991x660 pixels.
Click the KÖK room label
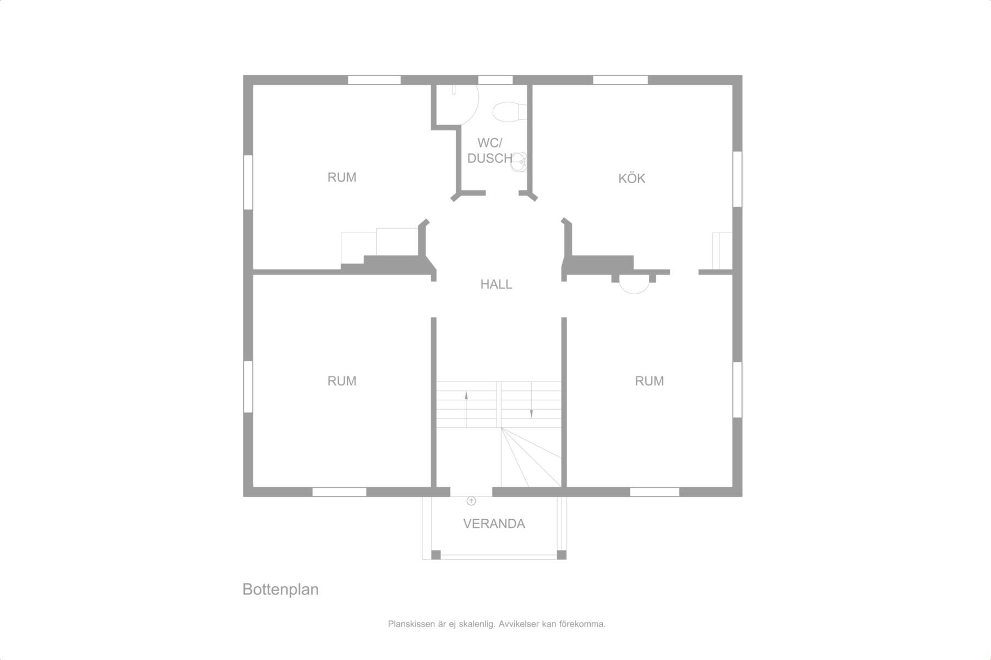click(x=631, y=178)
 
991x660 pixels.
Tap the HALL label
click(x=496, y=284)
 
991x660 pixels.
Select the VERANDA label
click(x=494, y=524)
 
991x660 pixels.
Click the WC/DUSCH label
click(x=490, y=151)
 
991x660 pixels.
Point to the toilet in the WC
click(x=505, y=111)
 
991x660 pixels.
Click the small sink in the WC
click(x=519, y=162)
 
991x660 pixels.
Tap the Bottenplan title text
click(x=281, y=590)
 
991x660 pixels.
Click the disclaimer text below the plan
click(x=497, y=624)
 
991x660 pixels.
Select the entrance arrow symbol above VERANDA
click(x=471, y=501)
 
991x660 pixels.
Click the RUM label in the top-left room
click(x=342, y=177)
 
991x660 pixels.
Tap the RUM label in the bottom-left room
click(x=342, y=381)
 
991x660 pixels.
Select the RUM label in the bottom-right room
click(x=649, y=381)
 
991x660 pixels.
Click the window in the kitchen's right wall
click(x=737, y=179)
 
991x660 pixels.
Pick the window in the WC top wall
click(x=495, y=80)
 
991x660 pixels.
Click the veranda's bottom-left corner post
click(x=435, y=554)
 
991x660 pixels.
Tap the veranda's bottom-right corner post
click(x=562, y=554)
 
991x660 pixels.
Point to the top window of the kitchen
click(x=620, y=80)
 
